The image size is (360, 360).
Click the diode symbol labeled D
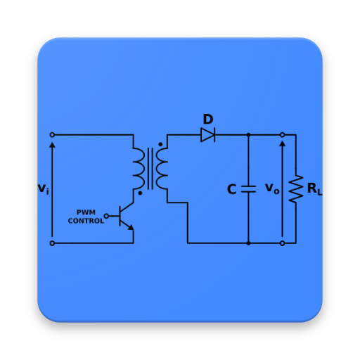click(x=207, y=134)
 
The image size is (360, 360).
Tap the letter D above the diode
click(x=207, y=120)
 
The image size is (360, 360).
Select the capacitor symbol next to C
click(x=248, y=188)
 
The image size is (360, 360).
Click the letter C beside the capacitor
click(x=232, y=190)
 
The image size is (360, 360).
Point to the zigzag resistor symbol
click(x=296, y=188)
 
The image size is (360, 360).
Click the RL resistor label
click(x=314, y=189)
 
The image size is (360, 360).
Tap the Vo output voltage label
click(x=272, y=188)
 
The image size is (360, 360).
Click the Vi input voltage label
click(x=43, y=189)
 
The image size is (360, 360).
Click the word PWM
click(x=86, y=212)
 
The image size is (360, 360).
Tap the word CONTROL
click(x=86, y=221)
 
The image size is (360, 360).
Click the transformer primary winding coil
click(x=139, y=169)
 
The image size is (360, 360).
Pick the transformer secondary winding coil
click(x=162, y=169)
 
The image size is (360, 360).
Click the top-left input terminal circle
click(x=52, y=134)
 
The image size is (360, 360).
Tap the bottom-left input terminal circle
click(x=52, y=243)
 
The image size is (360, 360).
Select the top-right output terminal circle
click(x=282, y=134)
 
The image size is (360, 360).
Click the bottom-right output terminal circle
click(x=282, y=243)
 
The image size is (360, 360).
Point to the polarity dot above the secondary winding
click(x=160, y=144)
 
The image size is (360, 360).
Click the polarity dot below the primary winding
click(x=140, y=193)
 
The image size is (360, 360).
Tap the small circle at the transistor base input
click(x=106, y=216)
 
